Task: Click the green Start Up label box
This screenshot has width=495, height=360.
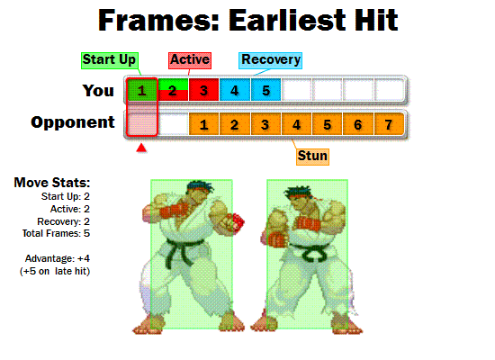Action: [109, 59]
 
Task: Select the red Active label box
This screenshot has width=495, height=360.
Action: [190, 60]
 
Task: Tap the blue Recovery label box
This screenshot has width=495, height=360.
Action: [270, 60]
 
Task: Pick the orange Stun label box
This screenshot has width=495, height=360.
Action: [312, 156]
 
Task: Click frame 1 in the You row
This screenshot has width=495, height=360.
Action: [141, 90]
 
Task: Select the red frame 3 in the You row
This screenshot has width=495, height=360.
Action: [204, 90]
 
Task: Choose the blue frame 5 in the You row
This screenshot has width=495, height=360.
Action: [265, 90]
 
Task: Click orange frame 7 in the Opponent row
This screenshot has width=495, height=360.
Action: [389, 124]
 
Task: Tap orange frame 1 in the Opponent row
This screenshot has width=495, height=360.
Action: [204, 124]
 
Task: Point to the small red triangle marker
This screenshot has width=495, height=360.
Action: [140, 147]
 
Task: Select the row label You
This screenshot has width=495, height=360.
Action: [98, 90]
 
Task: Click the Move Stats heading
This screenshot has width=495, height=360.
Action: [51, 183]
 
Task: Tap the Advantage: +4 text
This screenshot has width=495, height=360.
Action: [58, 258]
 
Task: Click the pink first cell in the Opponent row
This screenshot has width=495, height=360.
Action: [141, 123]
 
